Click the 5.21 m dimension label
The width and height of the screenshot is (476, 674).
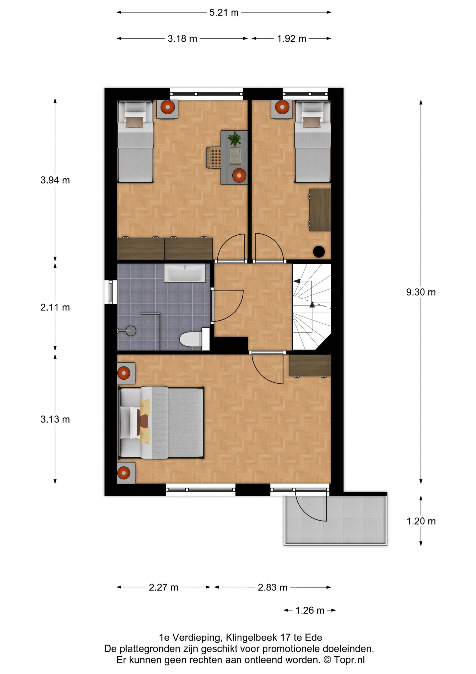(x=224, y=13)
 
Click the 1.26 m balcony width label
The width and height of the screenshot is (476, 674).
(x=310, y=611)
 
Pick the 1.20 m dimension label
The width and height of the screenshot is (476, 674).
(x=421, y=521)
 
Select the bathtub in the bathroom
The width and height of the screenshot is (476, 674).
(x=185, y=273)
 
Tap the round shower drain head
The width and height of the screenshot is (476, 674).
(x=131, y=331)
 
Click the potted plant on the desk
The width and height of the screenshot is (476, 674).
(x=234, y=138)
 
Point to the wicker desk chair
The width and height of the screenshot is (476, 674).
(x=214, y=157)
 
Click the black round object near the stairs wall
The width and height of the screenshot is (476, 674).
(x=319, y=252)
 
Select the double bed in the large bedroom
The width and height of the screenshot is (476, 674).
(x=161, y=423)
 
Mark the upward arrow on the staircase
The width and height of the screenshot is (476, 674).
(x=312, y=305)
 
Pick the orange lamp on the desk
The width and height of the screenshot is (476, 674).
(x=239, y=176)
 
